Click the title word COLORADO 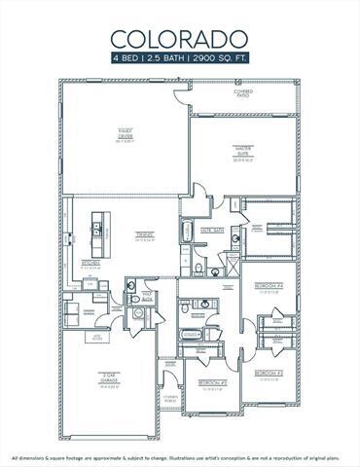click(x=179, y=39)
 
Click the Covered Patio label click(x=242, y=92)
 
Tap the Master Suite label click(x=242, y=150)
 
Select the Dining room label click(x=144, y=233)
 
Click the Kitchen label click(x=89, y=264)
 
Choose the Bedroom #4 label click(x=268, y=287)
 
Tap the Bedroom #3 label click(x=269, y=373)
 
